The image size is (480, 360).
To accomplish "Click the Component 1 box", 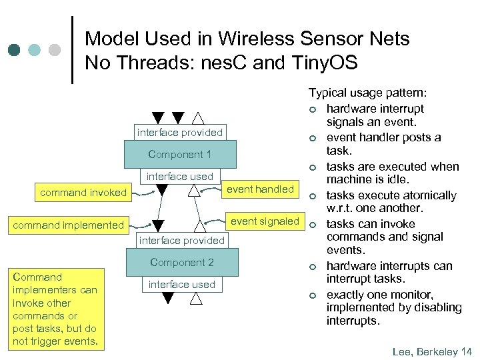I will pos(180,155).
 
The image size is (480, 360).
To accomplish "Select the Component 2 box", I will pos(181,263).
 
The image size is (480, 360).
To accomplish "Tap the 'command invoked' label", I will pos(83,193).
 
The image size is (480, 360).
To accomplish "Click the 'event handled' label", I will pos(260,189).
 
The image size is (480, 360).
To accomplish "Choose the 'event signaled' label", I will pos(265,221).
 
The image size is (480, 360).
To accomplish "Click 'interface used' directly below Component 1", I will pos(180,177).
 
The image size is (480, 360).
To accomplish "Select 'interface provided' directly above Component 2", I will pos(181,240).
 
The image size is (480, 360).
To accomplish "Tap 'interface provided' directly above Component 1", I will pos(180,132).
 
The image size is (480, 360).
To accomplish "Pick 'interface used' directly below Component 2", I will pos(181,285).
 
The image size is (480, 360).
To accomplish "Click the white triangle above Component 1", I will pos(198,119).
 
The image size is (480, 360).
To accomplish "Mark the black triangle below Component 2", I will pos(168,299).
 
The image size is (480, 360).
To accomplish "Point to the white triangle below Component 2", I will pos(196,299).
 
